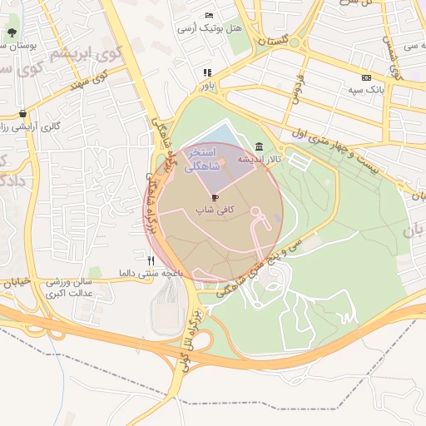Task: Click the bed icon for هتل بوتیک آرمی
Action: point(210,16)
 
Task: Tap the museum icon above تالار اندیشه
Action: point(260,145)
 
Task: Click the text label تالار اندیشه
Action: point(260,158)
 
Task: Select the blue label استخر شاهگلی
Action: point(202,160)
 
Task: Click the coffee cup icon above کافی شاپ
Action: point(216,197)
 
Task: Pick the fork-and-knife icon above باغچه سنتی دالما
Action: point(150,260)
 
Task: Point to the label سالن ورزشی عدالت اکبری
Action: point(70,288)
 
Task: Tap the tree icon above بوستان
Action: point(11,33)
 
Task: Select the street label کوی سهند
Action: point(91,82)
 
